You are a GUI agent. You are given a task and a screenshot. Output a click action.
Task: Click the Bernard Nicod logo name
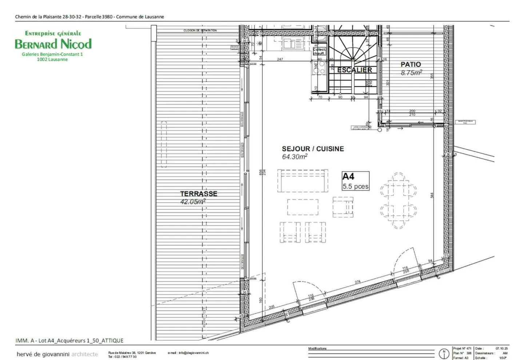[53, 44]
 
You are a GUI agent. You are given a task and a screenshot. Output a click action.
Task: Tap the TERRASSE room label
[199, 194]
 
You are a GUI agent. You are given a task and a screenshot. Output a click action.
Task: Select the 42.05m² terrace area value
[193, 201]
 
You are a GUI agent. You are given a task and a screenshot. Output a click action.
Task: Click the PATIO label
[410, 64]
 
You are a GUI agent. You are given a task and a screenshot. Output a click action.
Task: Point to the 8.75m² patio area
[411, 73]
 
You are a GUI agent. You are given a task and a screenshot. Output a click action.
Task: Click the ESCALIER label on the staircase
[354, 70]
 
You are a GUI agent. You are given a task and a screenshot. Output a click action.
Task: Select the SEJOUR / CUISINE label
[313, 149]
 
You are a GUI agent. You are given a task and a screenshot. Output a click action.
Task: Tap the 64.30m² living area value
[294, 157]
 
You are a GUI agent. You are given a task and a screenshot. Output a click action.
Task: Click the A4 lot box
[356, 181]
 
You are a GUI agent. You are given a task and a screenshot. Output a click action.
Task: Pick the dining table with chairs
[398, 200]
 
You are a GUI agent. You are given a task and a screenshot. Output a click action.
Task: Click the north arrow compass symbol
[444, 353]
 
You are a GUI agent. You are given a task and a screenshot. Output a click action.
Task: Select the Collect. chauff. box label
[319, 51]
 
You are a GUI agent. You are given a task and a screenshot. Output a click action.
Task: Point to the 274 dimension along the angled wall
[357, 282]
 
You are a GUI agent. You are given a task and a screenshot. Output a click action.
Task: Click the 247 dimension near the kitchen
[280, 59]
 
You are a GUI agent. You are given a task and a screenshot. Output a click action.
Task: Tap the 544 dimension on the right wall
[432, 195]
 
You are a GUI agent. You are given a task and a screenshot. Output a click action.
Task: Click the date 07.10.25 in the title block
[501, 348]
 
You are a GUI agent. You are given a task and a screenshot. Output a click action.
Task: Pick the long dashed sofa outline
[302, 180]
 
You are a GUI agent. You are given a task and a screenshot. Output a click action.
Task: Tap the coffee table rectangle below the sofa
[302, 207]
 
